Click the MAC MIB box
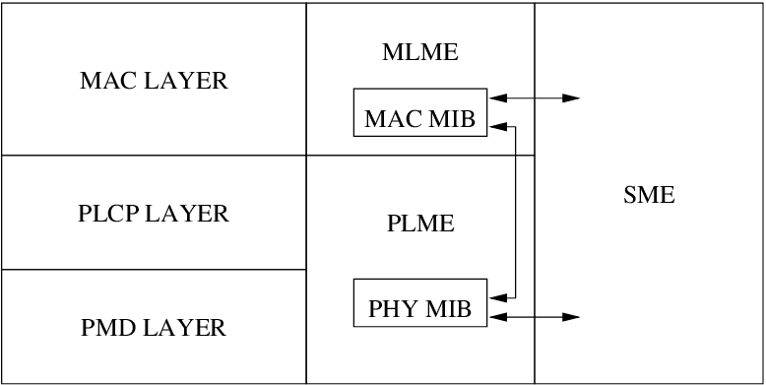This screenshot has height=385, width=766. [x=420, y=112]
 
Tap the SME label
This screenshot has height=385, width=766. [x=649, y=195]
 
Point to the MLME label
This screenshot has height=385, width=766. [x=420, y=53]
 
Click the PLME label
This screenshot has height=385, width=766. [x=420, y=224]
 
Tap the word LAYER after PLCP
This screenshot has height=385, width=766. [x=186, y=214]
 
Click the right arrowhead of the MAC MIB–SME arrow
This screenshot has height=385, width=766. [x=571, y=98]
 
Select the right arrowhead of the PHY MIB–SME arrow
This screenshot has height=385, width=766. [x=571, y=317]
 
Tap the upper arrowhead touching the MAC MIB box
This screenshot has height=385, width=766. [x=498, y=126]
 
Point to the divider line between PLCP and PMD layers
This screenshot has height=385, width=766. [x=154, y=270]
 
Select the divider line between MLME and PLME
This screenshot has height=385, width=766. [x=420, y=156]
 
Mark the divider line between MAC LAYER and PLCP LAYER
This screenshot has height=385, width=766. [x=154, y=156]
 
